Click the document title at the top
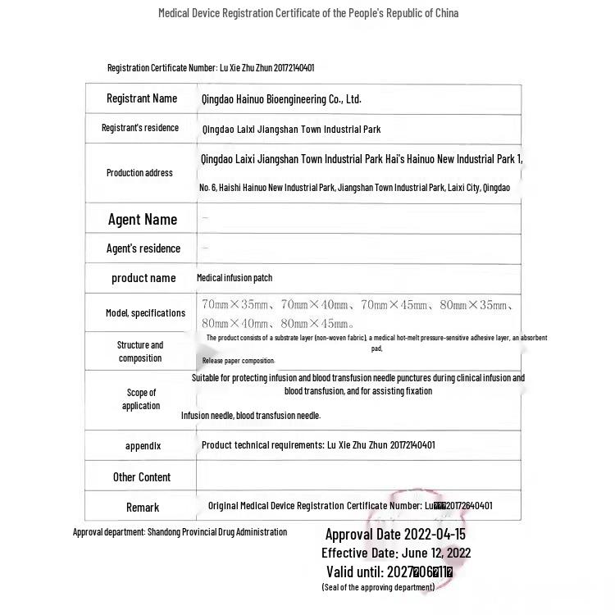coord(307,13)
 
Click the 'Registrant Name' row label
coord(141,98)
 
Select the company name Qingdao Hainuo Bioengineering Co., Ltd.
coord(280,99)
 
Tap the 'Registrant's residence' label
coord(139,128)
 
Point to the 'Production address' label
coord(139,173)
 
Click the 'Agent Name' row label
coord(142,219)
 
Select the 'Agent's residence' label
coord(143,248)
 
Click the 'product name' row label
coord(143,278)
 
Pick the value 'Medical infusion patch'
coord(235,278)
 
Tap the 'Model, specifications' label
coord(145,313)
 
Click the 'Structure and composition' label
coord(139,352)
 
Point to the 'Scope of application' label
coord(141,399)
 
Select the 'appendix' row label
coord(143,446)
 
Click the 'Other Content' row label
coord(142,477)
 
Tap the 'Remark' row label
coord(143,508)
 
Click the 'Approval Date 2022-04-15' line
coord(395,535)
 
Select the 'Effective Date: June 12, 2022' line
coord(396,553)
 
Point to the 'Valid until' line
coord(389,572)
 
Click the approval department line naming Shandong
coord(180,532)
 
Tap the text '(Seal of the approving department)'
coord(378,587)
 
